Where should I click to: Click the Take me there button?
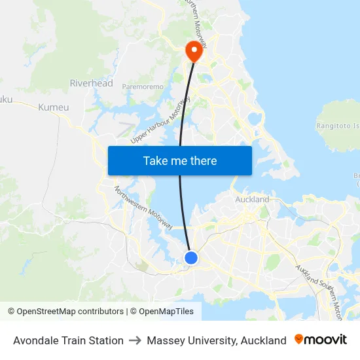click(x=179, y=160)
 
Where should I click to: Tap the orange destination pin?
click(x=194, y=50)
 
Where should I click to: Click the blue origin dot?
click(x=191, y=258)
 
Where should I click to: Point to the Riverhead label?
click(x=91, y=83)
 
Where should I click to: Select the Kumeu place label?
click(x=53, y=107)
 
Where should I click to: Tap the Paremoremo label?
click(x=142, y=86)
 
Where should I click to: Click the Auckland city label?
click(x=251, y=199)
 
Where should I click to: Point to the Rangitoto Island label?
click(x=338, y=125)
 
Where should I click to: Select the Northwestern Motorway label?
click(x=143, y=208)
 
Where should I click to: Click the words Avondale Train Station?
click(x=68, y=340)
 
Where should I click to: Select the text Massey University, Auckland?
click(x=217, y=340)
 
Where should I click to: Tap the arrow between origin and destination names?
click(x=135, y=340)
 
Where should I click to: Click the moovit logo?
click(x=321, y=340)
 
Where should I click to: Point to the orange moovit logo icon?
click(x=299, y=339)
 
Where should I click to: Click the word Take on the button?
click(x=156, y=160)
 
